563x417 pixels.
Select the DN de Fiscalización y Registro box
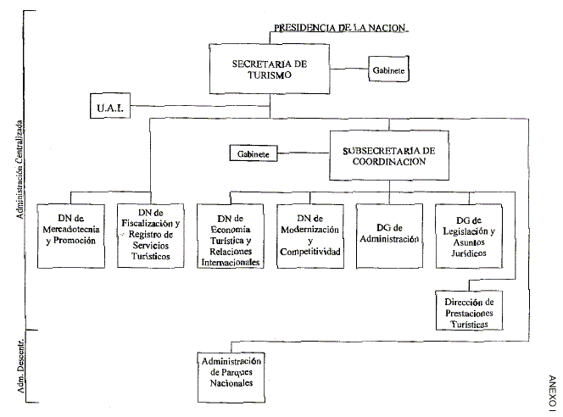[x=148, y=236]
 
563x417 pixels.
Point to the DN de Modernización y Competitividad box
[x=308, y=236]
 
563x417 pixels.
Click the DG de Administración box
[x=387, y=236]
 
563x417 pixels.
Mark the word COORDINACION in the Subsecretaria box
[x=389, y=163]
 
